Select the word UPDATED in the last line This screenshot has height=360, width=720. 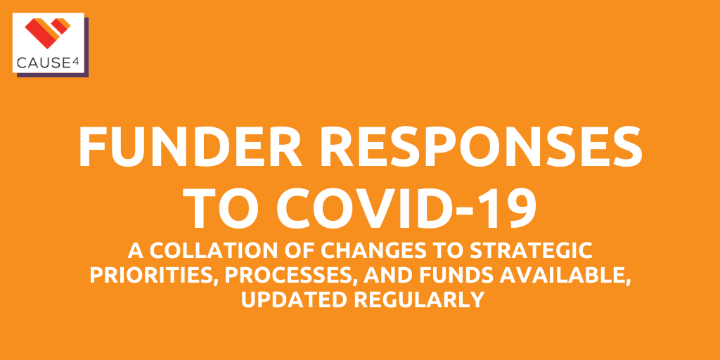(x=295, y=300)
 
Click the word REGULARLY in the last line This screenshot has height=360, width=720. (x=419, y=300)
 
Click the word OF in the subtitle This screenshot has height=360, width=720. (x=295, y=251)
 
